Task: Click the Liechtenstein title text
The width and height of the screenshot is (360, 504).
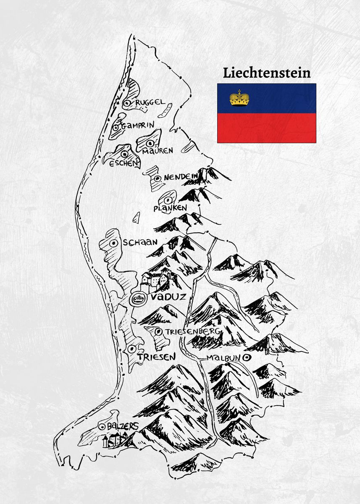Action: (x=267, y=73)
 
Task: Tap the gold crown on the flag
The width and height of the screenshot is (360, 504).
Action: (x=239, y=98)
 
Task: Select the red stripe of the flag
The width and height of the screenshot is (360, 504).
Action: (x=267, y=128)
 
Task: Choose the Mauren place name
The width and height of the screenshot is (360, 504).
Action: (x=158, y=150)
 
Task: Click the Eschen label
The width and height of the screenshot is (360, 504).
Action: (x=123, y=163)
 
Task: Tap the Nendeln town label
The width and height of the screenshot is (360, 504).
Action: (x=181, y=178)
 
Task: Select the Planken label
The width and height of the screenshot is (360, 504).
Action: (x=170, y=208)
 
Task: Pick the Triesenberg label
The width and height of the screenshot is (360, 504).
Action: (x=193, y=331)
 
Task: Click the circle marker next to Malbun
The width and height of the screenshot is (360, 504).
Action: (x=247, y=357)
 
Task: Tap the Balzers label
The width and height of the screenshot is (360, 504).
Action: (x=122, y=426)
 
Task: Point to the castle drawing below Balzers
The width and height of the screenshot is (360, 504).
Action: (x=114, y=440)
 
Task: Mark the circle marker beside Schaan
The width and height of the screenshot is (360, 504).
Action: (x=113, y=243)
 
